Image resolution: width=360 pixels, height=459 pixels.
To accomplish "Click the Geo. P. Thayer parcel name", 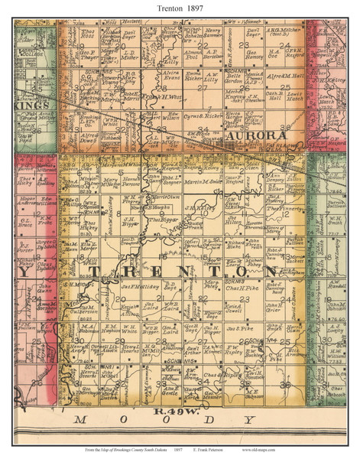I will click(x=89, y=55).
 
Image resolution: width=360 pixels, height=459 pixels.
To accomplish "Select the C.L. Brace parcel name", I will click(x=26, y=225).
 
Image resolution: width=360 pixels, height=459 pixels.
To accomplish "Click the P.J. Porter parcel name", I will click(x=26, y=246).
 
